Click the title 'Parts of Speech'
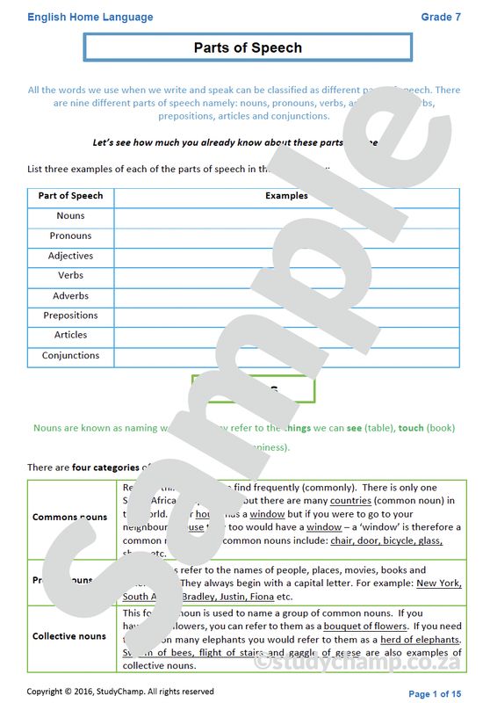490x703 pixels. pos(248,48)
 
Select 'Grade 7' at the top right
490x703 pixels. pos(441,17)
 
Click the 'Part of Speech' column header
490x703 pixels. pos(70,196)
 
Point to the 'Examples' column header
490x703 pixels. pos(286,196)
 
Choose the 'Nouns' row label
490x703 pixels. pos(70,216)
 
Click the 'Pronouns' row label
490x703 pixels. pos(70,236)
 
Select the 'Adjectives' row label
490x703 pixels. pos(70,256)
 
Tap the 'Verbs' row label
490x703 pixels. pos(70,276)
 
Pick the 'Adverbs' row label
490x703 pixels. pos(70,296)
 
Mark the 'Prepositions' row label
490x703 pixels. pos(70,315)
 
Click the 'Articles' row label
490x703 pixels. pos(70,335)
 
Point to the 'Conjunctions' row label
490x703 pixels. pos(70,356)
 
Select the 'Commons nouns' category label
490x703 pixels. pos(70,518)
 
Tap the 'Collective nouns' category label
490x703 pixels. pos(70,636)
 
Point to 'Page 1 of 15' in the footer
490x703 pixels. pos(435,694)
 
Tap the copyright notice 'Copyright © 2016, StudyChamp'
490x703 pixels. pos(119,692)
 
